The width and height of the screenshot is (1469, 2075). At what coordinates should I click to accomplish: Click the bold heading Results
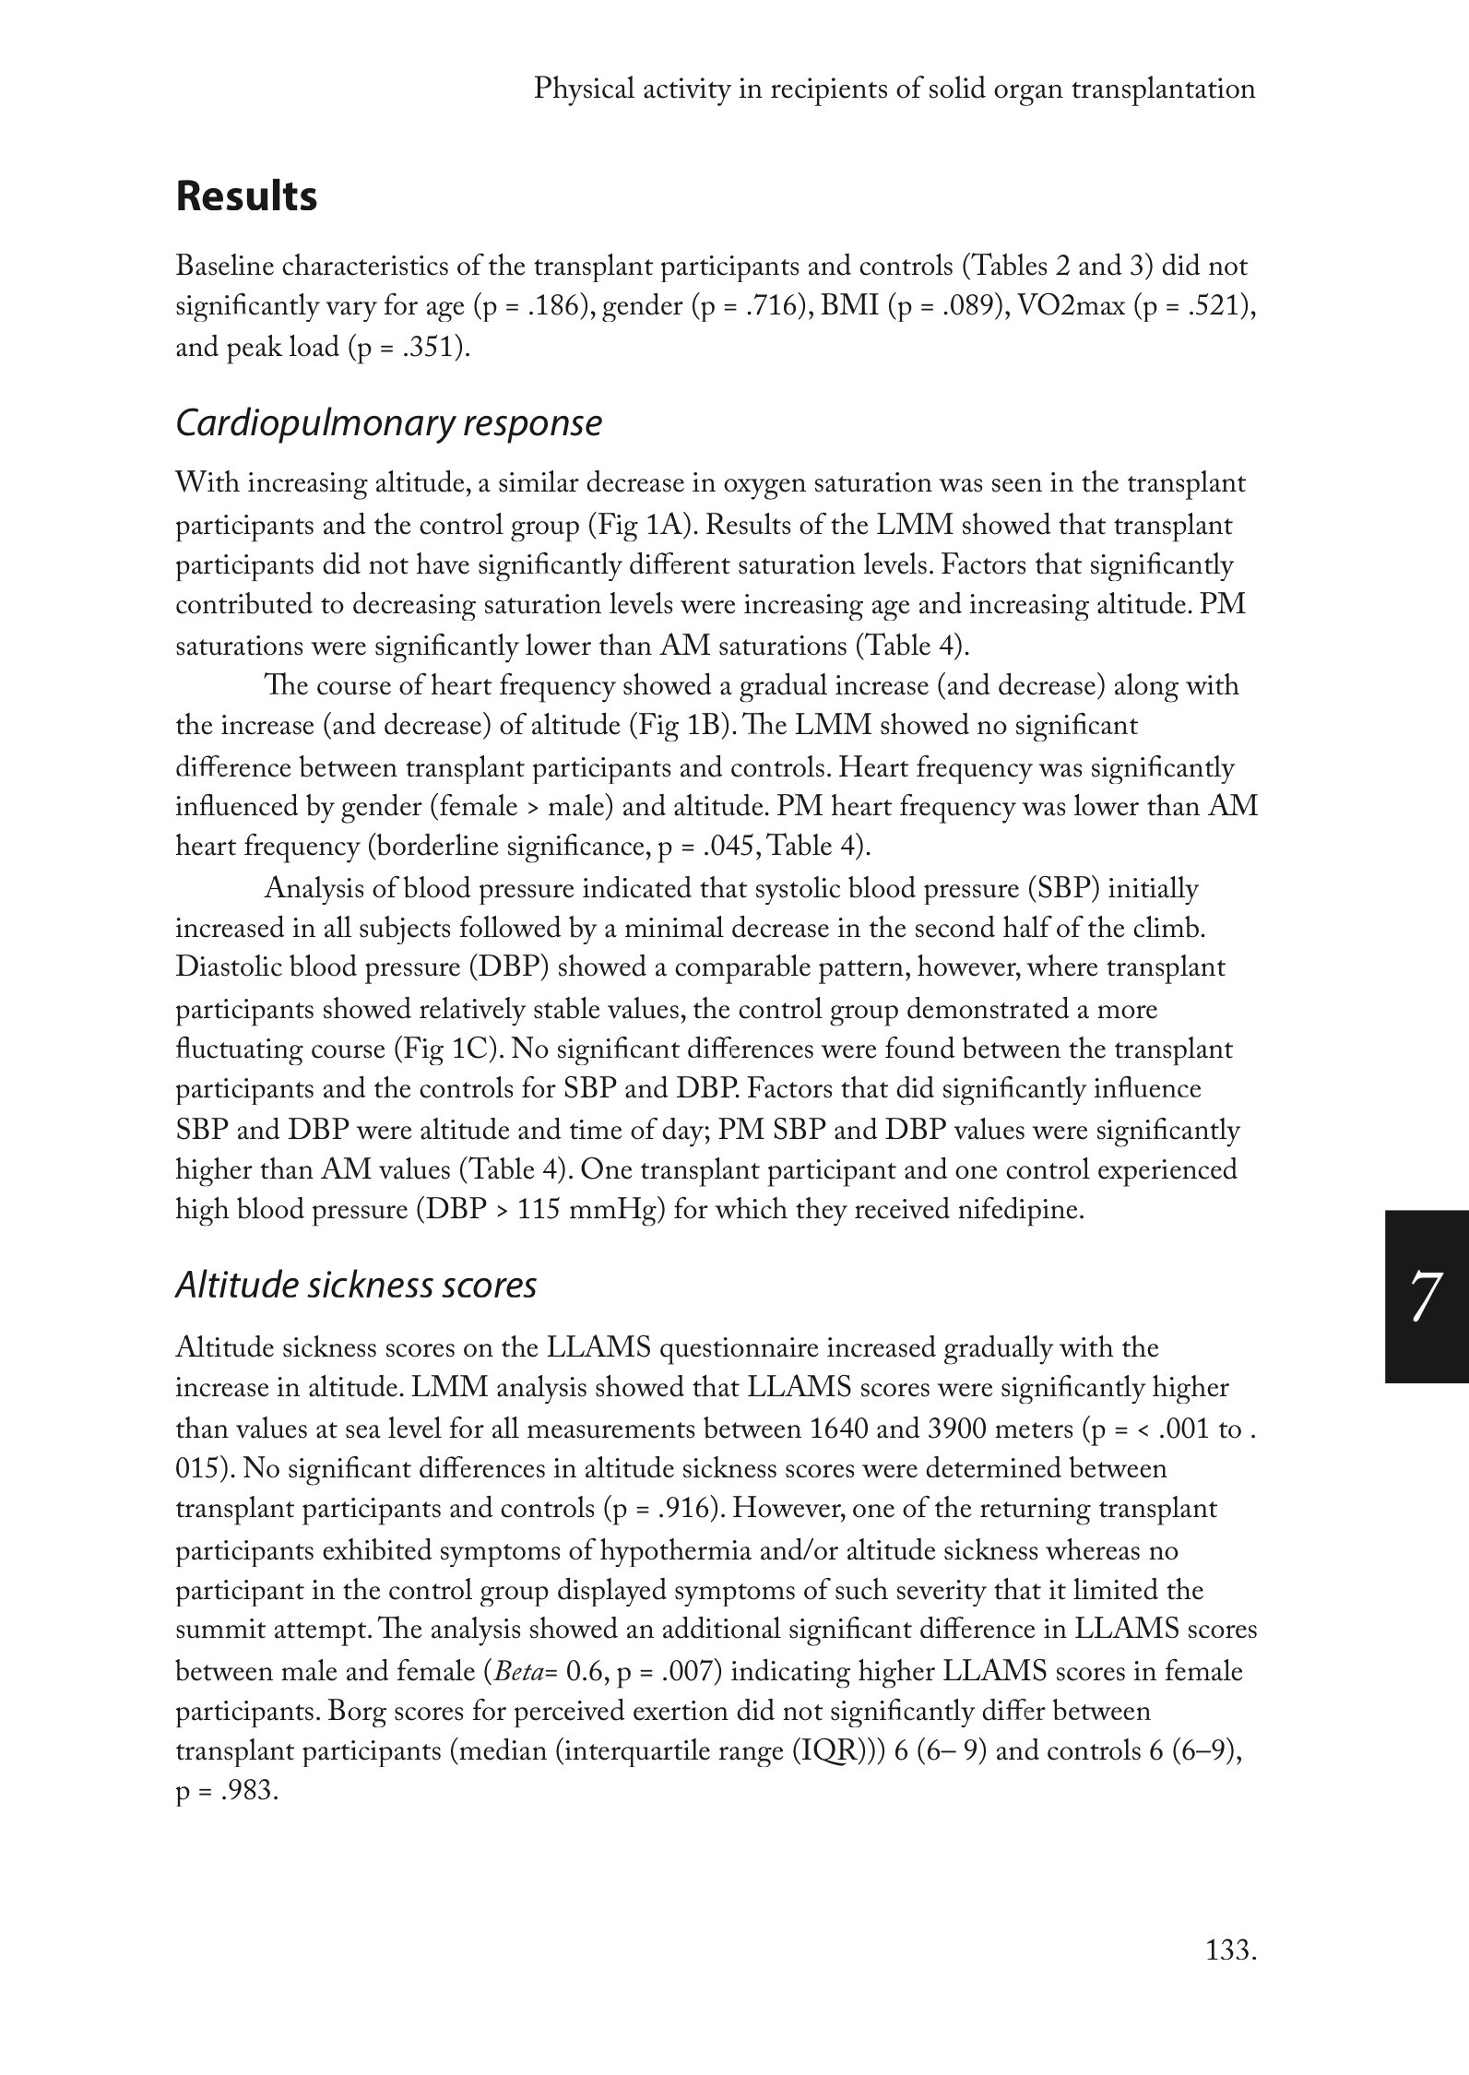[x=246, y=197]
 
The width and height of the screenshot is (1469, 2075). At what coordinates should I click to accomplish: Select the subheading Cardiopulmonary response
[x=388, y=423]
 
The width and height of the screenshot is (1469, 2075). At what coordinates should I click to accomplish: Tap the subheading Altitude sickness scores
[x=356, y=1285]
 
